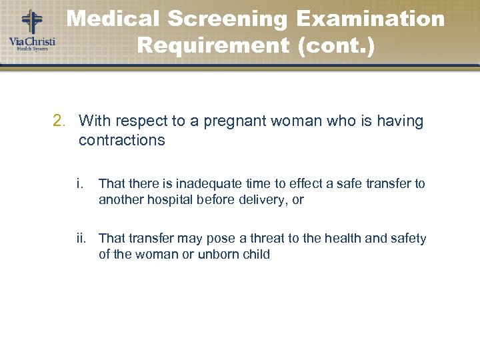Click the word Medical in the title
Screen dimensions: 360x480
click(x=113, y=19)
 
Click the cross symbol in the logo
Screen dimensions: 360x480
click(x=31, y=21)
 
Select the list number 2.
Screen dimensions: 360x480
click(x=59, y=121)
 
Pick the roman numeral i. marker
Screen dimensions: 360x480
click(x=80, y=183)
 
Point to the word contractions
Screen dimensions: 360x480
click(x=122, y=140)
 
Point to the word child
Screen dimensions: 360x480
click(x=254, y=255)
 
